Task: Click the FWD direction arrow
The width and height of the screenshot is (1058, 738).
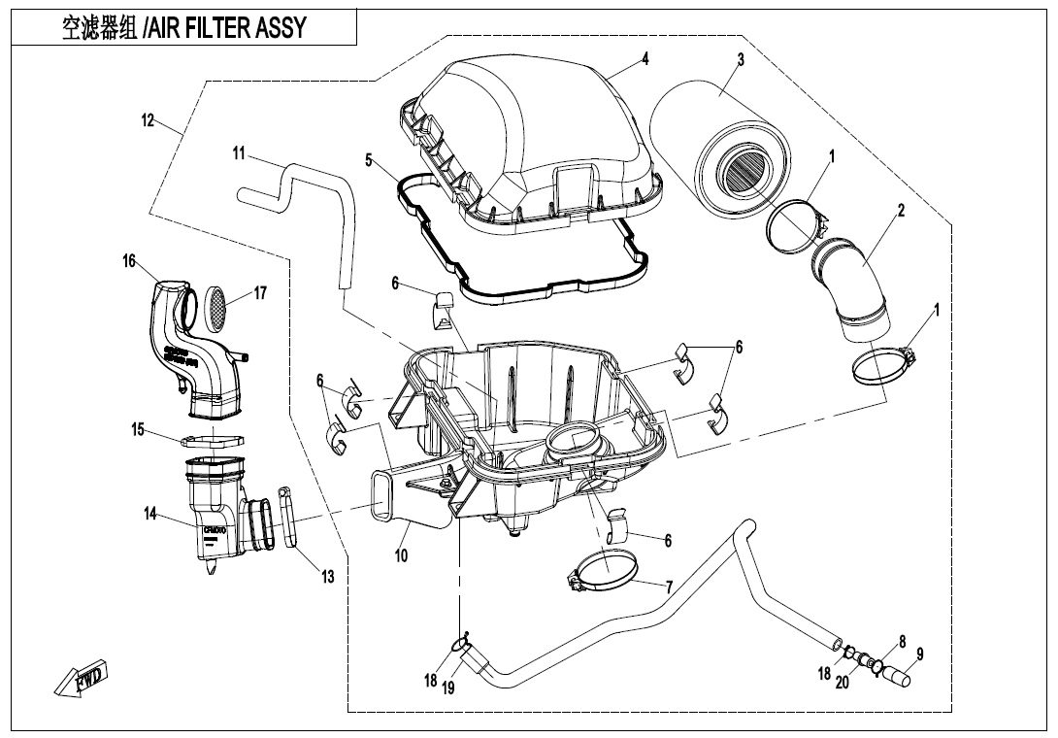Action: [83, 679]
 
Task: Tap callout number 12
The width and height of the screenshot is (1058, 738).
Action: [148, 121]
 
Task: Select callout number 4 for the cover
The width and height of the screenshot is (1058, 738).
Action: [644, 59]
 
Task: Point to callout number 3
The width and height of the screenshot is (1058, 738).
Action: [741, 60]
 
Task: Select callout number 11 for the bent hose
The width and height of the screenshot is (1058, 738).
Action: [239, 153]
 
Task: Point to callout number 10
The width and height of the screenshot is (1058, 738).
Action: [401, 555]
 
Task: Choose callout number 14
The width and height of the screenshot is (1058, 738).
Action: [150, 514]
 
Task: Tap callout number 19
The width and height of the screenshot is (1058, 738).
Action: [447, 688]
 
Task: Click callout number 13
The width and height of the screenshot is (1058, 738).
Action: [328, 577]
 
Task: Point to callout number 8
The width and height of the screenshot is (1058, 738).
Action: [902, 641]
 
